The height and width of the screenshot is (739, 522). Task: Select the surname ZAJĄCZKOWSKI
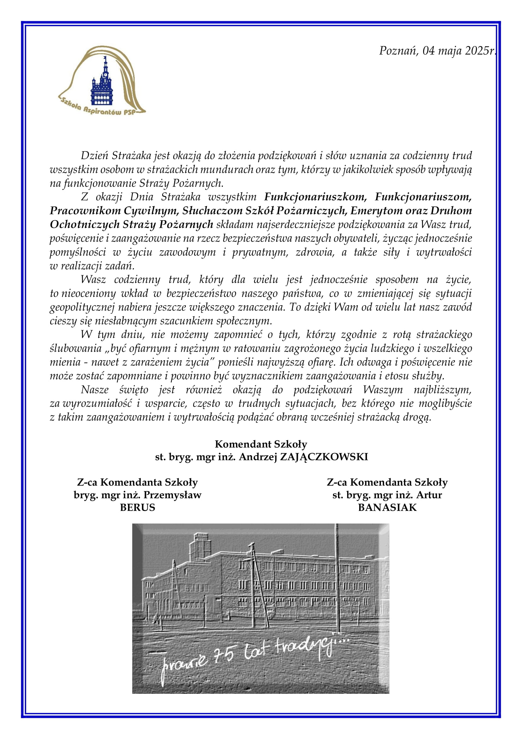coord(324,457)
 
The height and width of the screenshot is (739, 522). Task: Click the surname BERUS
coord(138,507)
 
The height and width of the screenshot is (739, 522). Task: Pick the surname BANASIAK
coord(387,507)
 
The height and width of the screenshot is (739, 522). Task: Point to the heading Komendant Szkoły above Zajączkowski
coord(261,444)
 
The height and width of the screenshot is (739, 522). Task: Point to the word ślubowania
coord(75,348)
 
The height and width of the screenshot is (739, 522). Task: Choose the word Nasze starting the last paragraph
coord(94,390)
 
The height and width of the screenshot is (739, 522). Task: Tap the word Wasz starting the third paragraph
coord(93,279)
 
